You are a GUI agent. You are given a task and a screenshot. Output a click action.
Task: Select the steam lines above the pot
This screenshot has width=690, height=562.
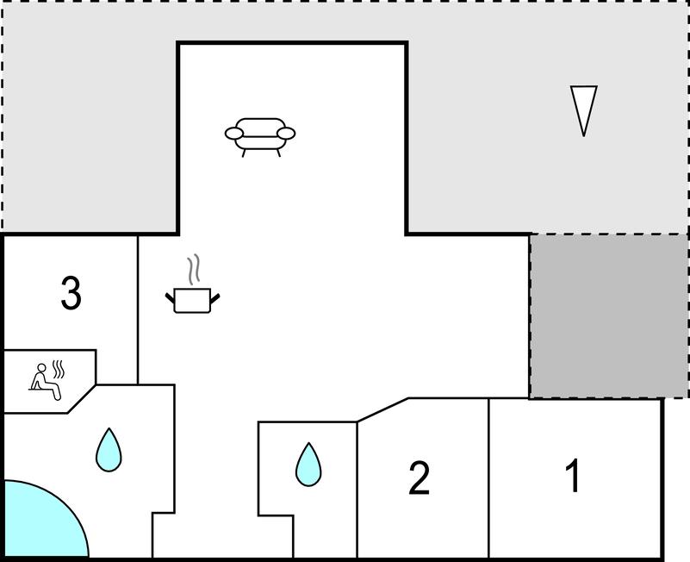tap(194, 270)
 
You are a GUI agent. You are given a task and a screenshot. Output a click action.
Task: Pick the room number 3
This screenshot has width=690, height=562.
tap(71, 293)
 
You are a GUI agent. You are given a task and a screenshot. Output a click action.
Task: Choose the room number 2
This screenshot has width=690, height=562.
tap(419, 478)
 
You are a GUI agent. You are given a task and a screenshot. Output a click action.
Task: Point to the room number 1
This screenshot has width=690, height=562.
tap(574, 475)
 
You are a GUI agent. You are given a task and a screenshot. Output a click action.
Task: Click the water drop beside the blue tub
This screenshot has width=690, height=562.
tap(109, 450)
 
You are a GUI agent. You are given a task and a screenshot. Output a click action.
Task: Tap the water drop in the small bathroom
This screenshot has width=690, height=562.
tap(308, 465)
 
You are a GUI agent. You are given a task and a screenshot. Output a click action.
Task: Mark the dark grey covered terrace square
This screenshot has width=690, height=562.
tap(608, 316)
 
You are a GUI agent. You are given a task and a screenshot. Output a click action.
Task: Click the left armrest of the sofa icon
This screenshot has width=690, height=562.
tap(233, 133)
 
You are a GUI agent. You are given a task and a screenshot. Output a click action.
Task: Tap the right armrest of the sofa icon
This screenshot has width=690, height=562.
tap(286, 133)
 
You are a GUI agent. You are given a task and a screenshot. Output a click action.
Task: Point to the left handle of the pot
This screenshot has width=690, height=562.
tap(170, 298)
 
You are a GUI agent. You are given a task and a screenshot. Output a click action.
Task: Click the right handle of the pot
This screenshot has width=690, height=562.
tap(215, 298)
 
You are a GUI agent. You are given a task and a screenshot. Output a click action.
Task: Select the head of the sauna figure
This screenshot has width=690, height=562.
tap(41, 368)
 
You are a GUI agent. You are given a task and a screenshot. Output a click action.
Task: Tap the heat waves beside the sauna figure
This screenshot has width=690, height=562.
tap(59, 370)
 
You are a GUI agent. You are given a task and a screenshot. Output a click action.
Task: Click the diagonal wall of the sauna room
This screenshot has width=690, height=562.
tap(82, 399)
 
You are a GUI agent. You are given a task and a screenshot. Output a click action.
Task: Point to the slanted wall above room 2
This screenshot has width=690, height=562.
tap(382, 410)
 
